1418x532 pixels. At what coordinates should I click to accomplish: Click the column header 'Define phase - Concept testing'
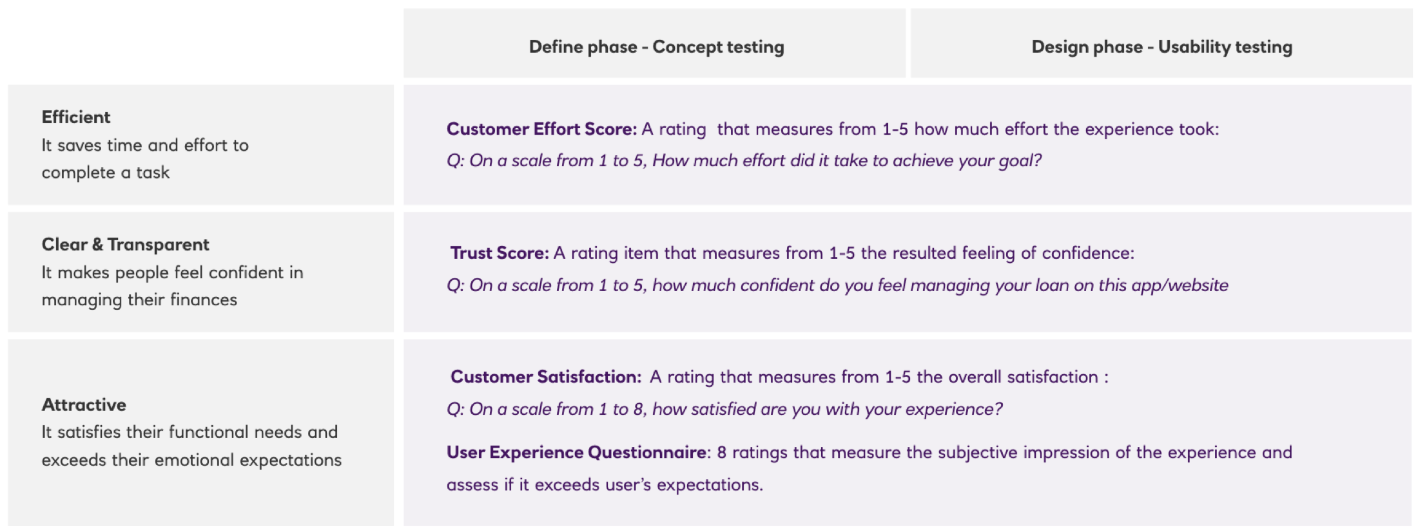(656, 47)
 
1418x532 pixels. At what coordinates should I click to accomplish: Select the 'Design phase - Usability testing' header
(1161, 47)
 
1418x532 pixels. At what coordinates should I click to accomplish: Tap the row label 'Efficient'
(76, 117)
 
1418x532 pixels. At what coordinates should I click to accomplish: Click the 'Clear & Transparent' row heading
(126, 245)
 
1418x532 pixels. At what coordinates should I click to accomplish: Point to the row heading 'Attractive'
(84, 404)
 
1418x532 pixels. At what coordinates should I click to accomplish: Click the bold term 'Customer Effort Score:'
(541, 129)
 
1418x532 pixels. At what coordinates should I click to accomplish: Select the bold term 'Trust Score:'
(500, 252)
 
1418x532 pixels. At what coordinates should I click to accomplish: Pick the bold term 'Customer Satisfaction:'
(546, 377)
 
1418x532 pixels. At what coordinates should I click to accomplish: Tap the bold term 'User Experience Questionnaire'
(577, 452)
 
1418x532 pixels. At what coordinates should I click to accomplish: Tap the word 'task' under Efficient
(153, 173)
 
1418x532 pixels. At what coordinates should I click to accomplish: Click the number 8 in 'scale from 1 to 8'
(639, 410)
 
